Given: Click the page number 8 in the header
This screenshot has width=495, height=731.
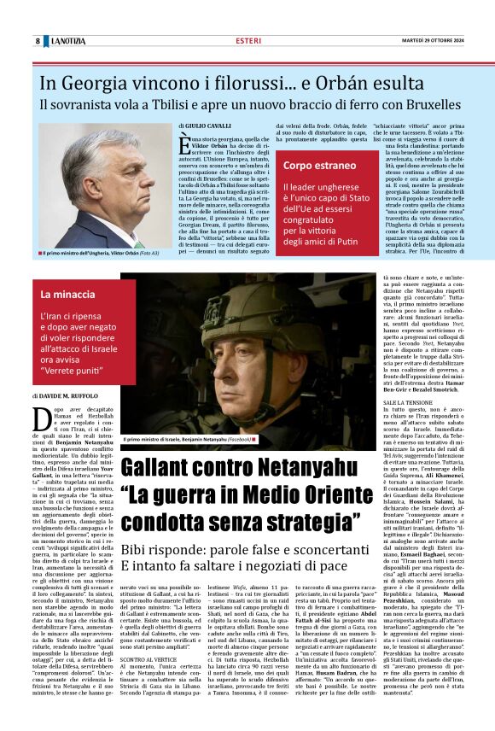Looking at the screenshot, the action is [x=38, y=41].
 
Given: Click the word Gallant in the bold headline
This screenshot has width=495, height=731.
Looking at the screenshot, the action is [x=169, y=469].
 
